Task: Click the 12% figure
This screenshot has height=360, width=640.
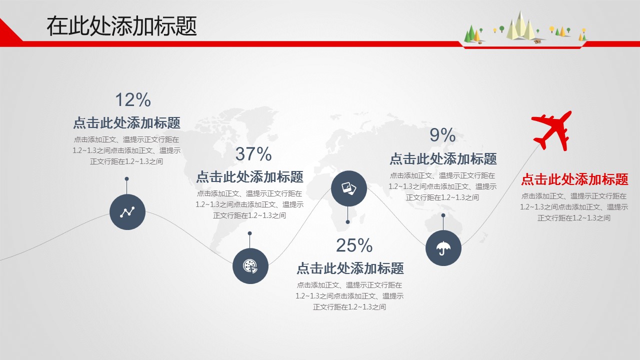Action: [133, 99]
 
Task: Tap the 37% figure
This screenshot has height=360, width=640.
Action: [253, 153]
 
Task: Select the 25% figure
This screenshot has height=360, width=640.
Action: [354, 245]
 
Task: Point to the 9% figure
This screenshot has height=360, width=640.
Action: [442, 135]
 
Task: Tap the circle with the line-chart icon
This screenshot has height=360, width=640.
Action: [127, 212]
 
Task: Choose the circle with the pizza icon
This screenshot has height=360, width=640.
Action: [250, 266]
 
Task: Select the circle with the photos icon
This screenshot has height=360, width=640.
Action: [349, 188]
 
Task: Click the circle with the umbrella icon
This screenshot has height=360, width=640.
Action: [443, 248]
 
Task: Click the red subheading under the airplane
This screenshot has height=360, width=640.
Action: [574, 179]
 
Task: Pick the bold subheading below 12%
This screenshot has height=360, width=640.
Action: [127, 123]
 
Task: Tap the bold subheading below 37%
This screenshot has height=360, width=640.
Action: [249, 177]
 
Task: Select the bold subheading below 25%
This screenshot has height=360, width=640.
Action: [350, 268]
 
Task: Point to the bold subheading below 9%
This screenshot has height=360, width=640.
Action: [443, 159]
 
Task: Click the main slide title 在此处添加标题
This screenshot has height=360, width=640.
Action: [122, 26]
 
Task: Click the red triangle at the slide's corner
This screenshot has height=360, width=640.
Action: [8, 31]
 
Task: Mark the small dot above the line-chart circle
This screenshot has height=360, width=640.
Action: [126, 179]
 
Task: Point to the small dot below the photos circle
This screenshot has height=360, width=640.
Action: [347, 222]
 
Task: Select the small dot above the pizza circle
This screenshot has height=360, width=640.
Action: [249, 233]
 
